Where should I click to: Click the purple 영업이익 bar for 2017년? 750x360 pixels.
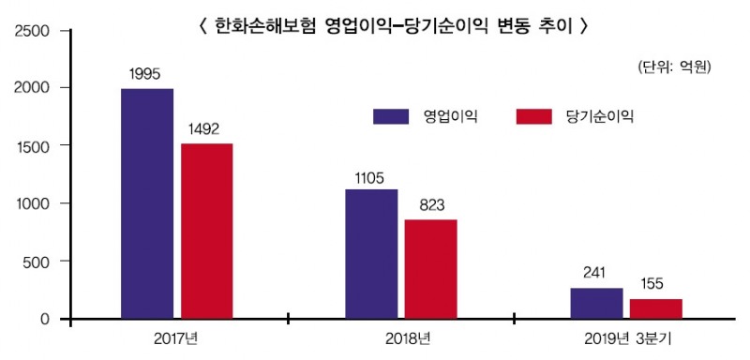(x=147, y=203)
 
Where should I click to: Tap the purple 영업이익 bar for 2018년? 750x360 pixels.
(x=371, y=254)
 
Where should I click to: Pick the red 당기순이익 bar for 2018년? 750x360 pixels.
(x=430, y=269)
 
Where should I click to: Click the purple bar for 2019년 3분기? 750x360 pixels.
(x=596, y=304)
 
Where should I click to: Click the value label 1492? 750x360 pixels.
(x=206, y=128)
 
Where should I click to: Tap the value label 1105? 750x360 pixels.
(x=371, y=175)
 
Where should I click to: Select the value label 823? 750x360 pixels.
(x=430, y=204)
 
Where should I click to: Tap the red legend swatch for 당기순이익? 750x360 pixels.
(x=533, y=116)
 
